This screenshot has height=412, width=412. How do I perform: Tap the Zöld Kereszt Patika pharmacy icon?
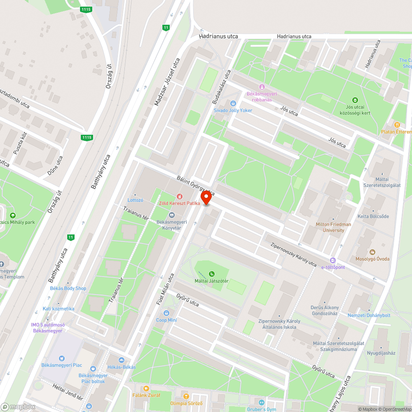tap(179, 197)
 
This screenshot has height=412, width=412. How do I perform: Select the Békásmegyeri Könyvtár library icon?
tap(172, 215)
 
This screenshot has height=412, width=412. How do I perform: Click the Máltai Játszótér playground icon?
tap(212, 274)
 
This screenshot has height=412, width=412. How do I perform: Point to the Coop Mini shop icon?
tap(166, 313)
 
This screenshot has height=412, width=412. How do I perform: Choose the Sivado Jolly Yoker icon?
tap(233, 103)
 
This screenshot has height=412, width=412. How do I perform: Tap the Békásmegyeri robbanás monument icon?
tap(262, 87)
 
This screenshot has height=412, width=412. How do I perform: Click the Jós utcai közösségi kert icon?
tap(355, 100)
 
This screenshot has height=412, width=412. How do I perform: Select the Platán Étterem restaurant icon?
tap(397, 124)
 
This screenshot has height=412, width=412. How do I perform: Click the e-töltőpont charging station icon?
tap(333, 260)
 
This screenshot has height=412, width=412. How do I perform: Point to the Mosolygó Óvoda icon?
tap(372, 252)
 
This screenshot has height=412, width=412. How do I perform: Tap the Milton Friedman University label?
tap(333, 227)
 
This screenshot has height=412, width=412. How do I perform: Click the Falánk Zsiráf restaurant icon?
tap(146, 388)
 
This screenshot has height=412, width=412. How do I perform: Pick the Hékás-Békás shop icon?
tap(121, 360)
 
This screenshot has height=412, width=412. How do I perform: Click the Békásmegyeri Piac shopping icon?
tap(62, 358)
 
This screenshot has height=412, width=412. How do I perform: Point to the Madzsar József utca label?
tap(167, 82)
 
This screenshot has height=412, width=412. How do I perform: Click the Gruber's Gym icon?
tap(261, 402)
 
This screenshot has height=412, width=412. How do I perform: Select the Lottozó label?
tap(136, 200)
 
